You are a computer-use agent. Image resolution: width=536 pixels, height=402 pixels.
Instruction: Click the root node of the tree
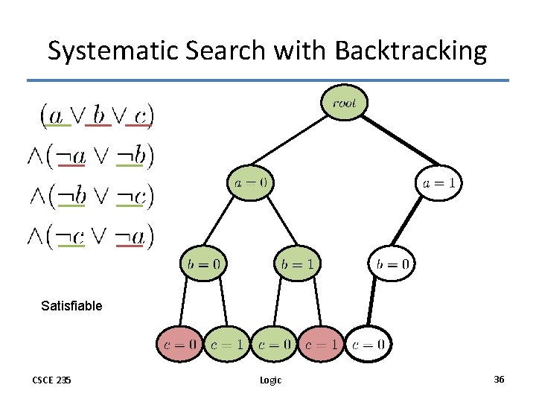[344, 103]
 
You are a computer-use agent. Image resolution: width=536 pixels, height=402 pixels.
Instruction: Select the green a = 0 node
[250, 182]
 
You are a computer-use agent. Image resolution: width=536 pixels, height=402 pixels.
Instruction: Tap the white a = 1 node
[439, 182]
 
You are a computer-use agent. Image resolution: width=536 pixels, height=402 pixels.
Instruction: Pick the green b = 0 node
[202, 263]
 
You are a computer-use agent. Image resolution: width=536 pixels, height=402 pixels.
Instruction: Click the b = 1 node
[297, 263]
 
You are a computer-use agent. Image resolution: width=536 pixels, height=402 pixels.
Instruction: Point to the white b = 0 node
[392, 263]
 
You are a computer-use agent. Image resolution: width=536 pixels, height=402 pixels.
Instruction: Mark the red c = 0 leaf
[179, 344]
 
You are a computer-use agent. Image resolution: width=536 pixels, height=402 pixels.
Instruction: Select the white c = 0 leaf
[368, 344]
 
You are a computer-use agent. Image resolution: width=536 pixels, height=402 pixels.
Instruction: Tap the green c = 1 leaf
[226, 344]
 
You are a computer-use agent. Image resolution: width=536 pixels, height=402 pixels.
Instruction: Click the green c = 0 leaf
[274, 344]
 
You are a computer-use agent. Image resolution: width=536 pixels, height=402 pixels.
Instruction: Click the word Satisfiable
[71, 305]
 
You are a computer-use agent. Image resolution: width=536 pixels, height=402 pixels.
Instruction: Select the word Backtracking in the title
[411, 51]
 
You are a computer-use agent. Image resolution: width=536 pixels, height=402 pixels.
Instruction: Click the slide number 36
[499, 380]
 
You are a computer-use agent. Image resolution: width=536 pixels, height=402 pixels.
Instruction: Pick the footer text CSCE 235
[51, 380]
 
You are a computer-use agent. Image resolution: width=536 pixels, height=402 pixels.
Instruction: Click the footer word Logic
[270, 380]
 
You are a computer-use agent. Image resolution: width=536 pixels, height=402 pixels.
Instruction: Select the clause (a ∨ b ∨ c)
[97, 115]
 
